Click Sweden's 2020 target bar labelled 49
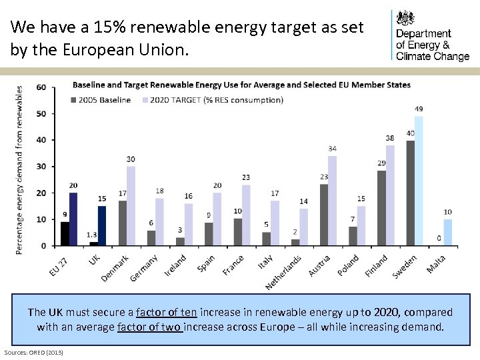pos(419,181)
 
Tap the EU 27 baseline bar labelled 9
pos(65,233)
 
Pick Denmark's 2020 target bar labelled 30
pos(131,205)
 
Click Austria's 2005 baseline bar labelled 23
pos(324,215)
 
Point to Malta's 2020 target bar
pos(447,232)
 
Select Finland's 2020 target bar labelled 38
pos(390,195)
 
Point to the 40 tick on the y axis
pos(41,140)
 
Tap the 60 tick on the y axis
pos(41,87)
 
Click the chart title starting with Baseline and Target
pos(241,85)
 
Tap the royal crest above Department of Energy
pos(405,18)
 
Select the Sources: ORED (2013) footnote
pos(33,351)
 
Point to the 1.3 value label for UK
pos(92,235)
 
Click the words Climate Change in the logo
pos(433,56)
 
